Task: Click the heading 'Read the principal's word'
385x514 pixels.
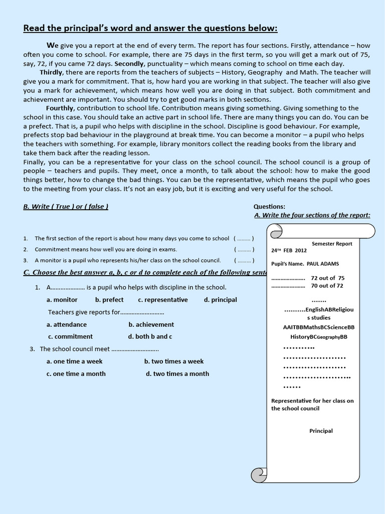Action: [150, 28]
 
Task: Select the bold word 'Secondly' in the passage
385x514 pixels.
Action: [128, 64]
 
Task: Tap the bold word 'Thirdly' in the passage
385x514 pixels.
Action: [51, 73]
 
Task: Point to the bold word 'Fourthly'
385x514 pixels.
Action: [60, 108]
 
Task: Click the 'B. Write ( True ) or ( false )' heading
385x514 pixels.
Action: [66, 206]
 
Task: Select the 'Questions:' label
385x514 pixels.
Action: [269, 206]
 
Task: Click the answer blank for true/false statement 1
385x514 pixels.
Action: [244, 238]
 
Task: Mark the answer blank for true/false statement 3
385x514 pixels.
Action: [244, 261]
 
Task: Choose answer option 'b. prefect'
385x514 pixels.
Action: [109, 300]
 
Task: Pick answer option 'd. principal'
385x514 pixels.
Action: [220, 300]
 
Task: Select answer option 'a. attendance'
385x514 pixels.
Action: [67, 324]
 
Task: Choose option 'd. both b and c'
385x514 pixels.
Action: [150, 336]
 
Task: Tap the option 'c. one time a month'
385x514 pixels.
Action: [76, 373]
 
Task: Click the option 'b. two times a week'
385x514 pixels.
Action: [174, 361]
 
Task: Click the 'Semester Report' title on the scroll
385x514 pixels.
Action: [332, 243]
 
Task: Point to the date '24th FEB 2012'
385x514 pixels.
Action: [289, 250]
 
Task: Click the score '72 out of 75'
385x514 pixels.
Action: [327, 278]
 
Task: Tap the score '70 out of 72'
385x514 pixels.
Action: [327, 286]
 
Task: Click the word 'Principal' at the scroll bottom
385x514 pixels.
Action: [321, 431]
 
